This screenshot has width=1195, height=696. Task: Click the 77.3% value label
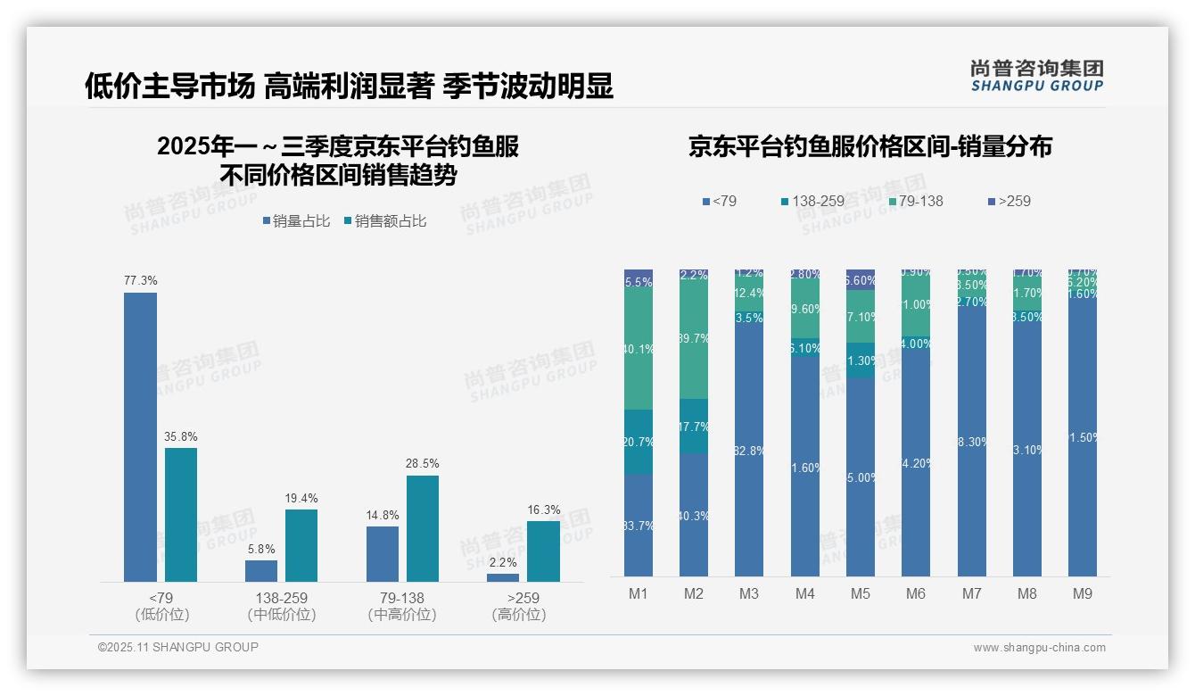[x=141, y=280]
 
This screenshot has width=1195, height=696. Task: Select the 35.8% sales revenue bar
[x=181, y=515]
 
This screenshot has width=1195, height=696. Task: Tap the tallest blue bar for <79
[x=141, y=437]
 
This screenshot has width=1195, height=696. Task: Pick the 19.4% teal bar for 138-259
[x=301, y=545]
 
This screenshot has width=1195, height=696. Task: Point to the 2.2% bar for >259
[x=503, y=577]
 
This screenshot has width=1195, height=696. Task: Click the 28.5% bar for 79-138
[x=423, y=528]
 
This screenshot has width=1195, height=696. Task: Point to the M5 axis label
[x=861, y=593]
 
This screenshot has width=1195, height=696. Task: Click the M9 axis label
[x=1083, y=593]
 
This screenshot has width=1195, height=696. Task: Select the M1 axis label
[x=639, y=593]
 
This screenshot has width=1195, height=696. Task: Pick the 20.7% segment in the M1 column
[x=639, y=442]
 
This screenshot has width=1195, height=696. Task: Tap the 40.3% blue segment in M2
[x=694, y=515]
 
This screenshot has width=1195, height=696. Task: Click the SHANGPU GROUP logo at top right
[x=1037, y=76]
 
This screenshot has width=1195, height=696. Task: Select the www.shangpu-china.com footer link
[x=1039, y=648]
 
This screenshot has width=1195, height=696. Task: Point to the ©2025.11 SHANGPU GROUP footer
[x=178, y=647]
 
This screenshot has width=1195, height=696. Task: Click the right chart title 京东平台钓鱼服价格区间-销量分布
[x=869, y=146]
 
